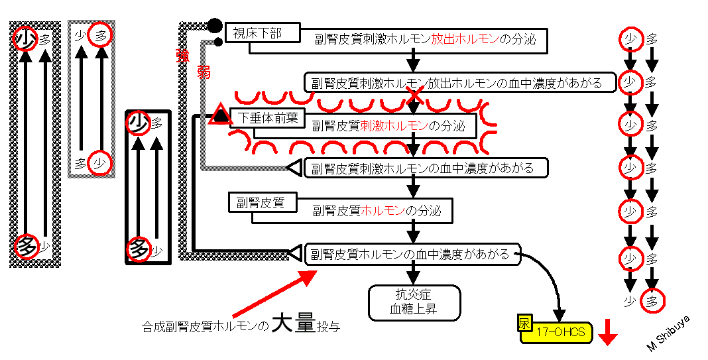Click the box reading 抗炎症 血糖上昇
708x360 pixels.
414,302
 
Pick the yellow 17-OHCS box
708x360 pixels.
560,332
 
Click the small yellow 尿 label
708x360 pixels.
526,322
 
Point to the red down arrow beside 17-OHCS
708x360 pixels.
608,333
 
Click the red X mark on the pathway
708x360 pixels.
414,95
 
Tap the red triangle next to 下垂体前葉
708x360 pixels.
220,114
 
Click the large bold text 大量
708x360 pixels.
293,326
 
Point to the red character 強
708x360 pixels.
182,56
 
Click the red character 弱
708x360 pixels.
204,72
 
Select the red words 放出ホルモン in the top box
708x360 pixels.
465,39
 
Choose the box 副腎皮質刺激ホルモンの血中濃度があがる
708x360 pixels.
426,168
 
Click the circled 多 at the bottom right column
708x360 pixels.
652,301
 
